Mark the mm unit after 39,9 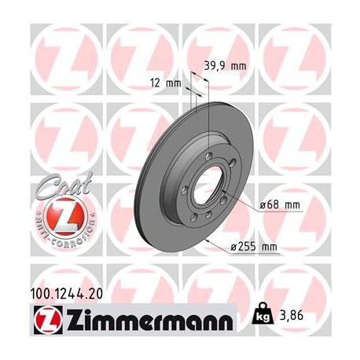(239, 68)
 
